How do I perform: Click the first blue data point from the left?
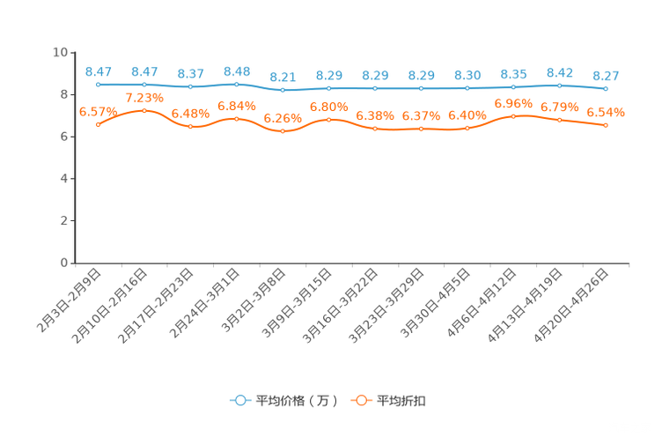click(x=98, y=85)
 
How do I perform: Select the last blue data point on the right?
click(x=606, y=88)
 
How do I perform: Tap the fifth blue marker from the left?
click(x=283, y=89)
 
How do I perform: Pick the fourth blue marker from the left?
click(x=237, y=84)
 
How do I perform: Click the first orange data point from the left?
click(x=98, y=124)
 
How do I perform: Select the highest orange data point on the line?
click(x=144, y=110)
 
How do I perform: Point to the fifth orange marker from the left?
click(x=283, y=131)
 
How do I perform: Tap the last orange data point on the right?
click(x=606, y=126)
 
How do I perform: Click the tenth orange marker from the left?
click(x=513, y=115)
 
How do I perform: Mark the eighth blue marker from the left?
click(x=421, y=88)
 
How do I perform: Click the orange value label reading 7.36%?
click(x=144, y=98)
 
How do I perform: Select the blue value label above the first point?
click(x=98, y=71)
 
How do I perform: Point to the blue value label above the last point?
click(x=606, y=75)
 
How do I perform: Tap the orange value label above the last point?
click(x=606, y=113)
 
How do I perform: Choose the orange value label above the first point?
click(x=96, y=112)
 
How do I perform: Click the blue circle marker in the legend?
click(x=239, y=400)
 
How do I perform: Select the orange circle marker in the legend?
click(x=360, y=400)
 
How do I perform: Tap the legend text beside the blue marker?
click(x=297, y=401)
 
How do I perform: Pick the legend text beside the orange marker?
click(x=402, y=401)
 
